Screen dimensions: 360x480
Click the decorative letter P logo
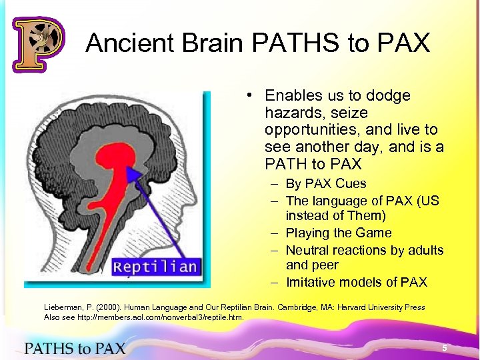coord(37,44)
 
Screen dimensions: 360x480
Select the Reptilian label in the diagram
coord(155,267)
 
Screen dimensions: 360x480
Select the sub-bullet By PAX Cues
coord(326,183)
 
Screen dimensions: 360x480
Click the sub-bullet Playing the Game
coord(339,233)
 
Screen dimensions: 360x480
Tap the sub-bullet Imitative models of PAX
coord(356,282)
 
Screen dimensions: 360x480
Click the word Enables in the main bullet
coord(293,96)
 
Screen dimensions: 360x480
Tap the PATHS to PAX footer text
coord(75,347)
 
